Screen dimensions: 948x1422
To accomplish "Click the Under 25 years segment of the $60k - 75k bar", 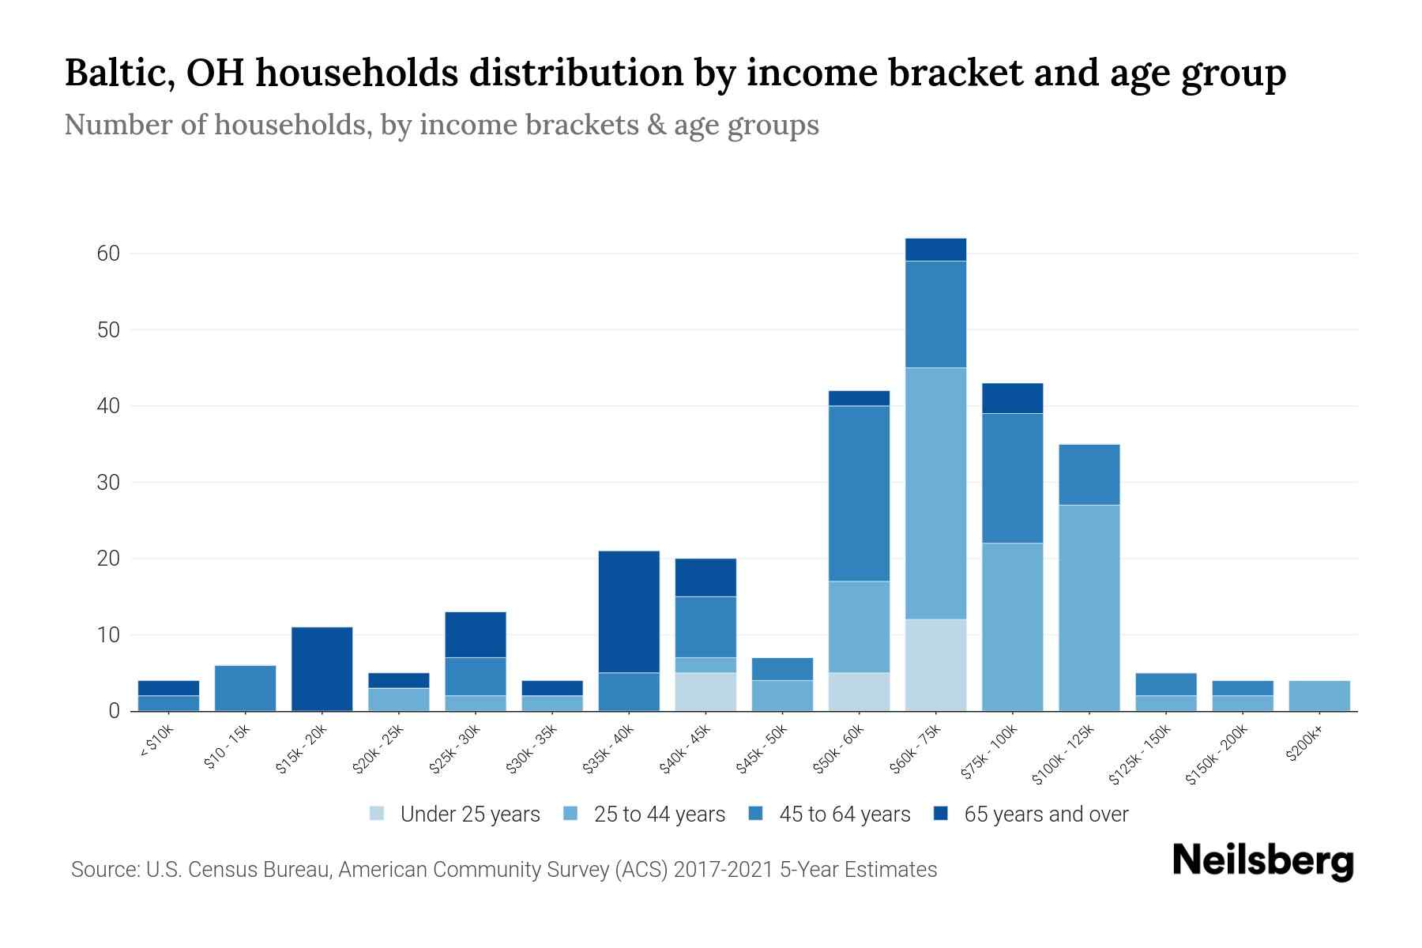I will (x=935, y=664).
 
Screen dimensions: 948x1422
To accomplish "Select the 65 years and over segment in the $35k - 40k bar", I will (x=629, y=611).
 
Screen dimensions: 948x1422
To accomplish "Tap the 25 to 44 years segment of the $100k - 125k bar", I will (x=1089, y=608).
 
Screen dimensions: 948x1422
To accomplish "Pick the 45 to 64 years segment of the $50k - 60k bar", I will (x=859, y=494).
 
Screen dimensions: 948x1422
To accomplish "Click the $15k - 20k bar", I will (x=322, y=668).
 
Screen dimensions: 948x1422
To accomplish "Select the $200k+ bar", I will (x=1319, y=695).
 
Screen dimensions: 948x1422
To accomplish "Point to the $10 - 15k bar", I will (x=245, y=688).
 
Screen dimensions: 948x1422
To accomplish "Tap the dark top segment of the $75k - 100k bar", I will (x=1012, y=398).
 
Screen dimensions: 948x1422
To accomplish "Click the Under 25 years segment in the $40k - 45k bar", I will (x=705, y=691).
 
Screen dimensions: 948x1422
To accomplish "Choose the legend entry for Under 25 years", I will (x=456, y=814).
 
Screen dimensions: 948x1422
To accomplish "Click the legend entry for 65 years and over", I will (x=1032, y=814).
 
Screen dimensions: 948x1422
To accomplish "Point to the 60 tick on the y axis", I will (x=108, y=254).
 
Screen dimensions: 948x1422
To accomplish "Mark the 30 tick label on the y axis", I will (x=108, y=482).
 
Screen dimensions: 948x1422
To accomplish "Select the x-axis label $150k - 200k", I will (x=1217, y=754).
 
